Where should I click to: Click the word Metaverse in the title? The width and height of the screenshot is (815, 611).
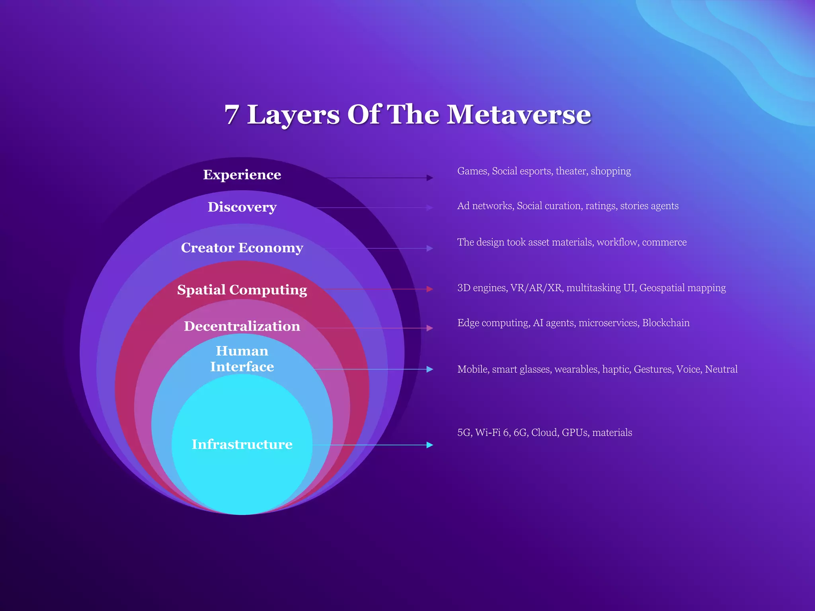point(519,115)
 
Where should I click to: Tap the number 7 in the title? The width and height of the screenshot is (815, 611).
point(232,115)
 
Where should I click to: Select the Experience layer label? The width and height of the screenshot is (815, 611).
point(242,175)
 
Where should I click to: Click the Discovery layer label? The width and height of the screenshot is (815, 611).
point(242,207)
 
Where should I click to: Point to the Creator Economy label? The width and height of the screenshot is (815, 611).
point(242,248)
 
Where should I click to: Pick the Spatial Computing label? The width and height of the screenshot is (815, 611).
point(242,290)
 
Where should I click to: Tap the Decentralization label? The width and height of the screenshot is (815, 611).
point(242,326)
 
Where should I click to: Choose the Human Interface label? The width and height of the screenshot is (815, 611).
point(242,359)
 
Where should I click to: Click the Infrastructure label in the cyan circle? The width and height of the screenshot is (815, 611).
point(242,444)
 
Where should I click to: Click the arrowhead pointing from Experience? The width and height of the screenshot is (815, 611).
point(430,178)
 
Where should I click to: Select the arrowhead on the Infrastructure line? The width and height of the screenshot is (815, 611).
point(430,445)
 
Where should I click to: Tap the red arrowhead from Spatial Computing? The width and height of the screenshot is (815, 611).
point(430,289)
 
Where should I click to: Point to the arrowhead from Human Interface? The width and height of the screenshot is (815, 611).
point(430,369)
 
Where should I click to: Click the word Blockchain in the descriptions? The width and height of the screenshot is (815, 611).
point(666,323)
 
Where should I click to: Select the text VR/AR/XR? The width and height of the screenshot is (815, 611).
point(537,288)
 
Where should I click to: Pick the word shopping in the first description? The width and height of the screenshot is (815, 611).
point(611,171)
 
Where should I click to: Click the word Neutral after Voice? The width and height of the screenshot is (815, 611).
point(721,369)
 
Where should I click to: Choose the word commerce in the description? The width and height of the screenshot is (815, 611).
point(664,242)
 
